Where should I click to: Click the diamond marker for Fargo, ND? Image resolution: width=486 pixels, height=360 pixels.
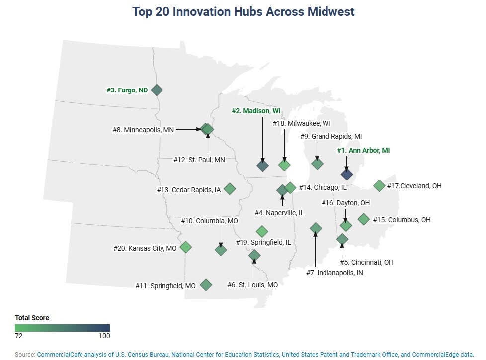tap(157, 90)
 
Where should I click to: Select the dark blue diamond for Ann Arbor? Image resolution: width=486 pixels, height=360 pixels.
tap(347, 174)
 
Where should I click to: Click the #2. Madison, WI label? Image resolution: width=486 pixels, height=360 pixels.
tap(256, 111)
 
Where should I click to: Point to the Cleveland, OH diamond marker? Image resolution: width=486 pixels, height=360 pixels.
tap(379, 186)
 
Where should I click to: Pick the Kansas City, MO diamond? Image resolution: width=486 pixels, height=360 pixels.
tap(186, 247)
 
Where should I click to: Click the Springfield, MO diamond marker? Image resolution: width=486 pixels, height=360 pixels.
tap(206, 285)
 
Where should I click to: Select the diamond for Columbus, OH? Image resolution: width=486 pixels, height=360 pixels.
tap(364, 219)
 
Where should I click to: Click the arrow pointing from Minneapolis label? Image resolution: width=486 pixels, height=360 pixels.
tap(189, 129)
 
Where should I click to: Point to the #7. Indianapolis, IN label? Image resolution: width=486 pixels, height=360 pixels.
tap(335, 273)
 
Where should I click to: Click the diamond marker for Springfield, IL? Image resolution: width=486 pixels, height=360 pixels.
tap(262, 231)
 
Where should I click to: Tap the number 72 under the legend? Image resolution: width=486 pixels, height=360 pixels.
tap(18, 336)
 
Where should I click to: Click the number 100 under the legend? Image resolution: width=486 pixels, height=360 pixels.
tap(104, 336)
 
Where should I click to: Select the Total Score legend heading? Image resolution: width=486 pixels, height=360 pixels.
tap(32, 318)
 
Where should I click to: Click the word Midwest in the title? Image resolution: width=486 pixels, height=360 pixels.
tap(331, 12)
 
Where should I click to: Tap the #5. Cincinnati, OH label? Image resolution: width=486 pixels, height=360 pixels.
tap(367, 263)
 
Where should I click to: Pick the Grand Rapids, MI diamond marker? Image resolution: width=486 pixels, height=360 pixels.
tap(317, 164)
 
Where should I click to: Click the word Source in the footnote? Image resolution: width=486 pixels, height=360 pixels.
tap(24, 355)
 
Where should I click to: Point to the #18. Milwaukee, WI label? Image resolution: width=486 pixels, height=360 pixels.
tap(301, 123)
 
